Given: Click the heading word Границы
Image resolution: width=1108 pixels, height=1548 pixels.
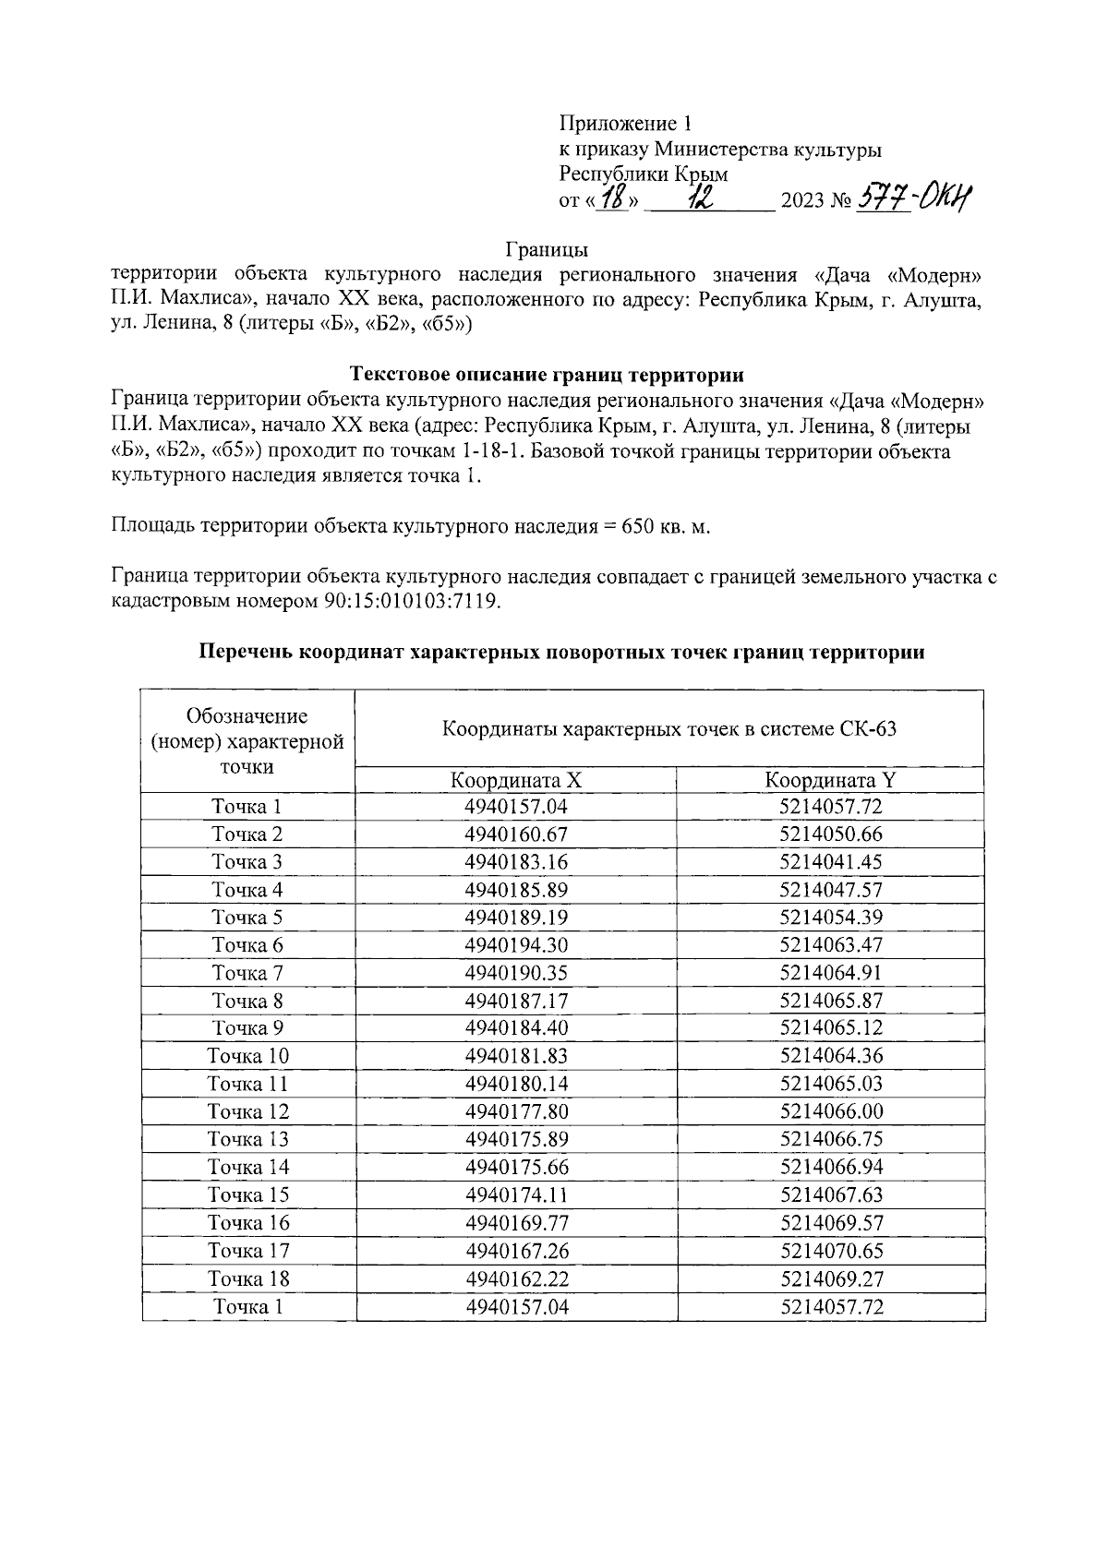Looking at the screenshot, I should tap(547, 249).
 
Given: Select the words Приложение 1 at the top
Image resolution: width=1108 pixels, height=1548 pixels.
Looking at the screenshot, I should tap(625, 124).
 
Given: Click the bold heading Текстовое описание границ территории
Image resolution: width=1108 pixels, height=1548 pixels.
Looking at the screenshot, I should tap(547, 375).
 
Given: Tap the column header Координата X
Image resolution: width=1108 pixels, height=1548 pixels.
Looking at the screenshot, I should tap(515, 780).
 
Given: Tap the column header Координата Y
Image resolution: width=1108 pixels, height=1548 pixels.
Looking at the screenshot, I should tap(830, 780).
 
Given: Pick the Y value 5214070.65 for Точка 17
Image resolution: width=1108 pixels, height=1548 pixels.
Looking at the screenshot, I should tap(830, 1251).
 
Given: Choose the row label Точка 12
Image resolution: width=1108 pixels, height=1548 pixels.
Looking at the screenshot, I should tap(247, 1111).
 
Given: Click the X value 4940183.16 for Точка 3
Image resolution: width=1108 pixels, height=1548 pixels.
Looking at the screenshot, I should tap(515, 862).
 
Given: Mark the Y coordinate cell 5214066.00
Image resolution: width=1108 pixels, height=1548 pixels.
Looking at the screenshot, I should tap(830, 1111).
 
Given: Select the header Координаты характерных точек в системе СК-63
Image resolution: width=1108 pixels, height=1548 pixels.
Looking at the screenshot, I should tap(668, 729).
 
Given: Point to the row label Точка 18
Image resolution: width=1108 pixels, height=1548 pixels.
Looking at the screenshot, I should tap(247, 1278).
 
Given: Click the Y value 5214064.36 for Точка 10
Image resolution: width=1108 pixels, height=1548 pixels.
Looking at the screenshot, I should tap(830, 1056).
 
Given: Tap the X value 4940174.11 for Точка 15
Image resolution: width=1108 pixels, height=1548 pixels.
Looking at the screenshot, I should tap(515, 1194).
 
